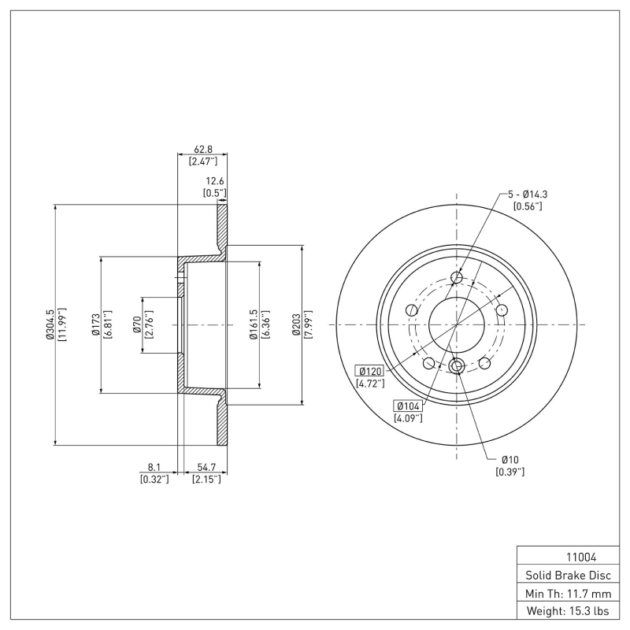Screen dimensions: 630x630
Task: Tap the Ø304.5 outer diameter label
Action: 49,324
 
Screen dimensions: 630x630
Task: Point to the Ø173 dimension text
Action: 95,324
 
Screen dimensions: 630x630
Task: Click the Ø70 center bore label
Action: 136,324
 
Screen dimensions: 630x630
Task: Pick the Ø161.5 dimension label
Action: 253,324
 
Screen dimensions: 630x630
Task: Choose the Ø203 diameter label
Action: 296,324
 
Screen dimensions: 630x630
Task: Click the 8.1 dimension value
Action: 154,467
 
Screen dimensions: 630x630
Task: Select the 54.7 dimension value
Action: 206,467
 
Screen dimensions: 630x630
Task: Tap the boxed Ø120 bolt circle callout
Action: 369,371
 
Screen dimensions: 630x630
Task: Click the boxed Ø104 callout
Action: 408,406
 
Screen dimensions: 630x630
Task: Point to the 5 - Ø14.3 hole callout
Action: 528,194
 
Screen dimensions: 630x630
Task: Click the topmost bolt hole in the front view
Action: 457,276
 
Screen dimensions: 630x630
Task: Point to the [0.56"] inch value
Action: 528,206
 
